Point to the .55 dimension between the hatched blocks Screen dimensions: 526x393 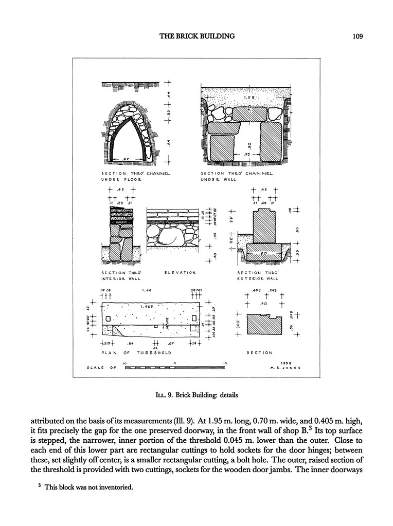[x=247, y=154]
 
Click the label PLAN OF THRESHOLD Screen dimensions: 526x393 [x=136, y=353]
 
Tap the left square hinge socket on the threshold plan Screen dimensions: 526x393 [x=108, y=319]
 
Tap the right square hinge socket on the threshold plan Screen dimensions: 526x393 [x=194, y=319]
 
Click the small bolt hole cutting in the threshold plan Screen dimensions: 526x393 [x=156, y=326]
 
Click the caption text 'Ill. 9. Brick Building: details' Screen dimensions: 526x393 [x=196, y=396]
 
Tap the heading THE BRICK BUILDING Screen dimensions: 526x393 [x=196, y=36]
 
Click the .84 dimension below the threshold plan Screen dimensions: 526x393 [x=131, y=343]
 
